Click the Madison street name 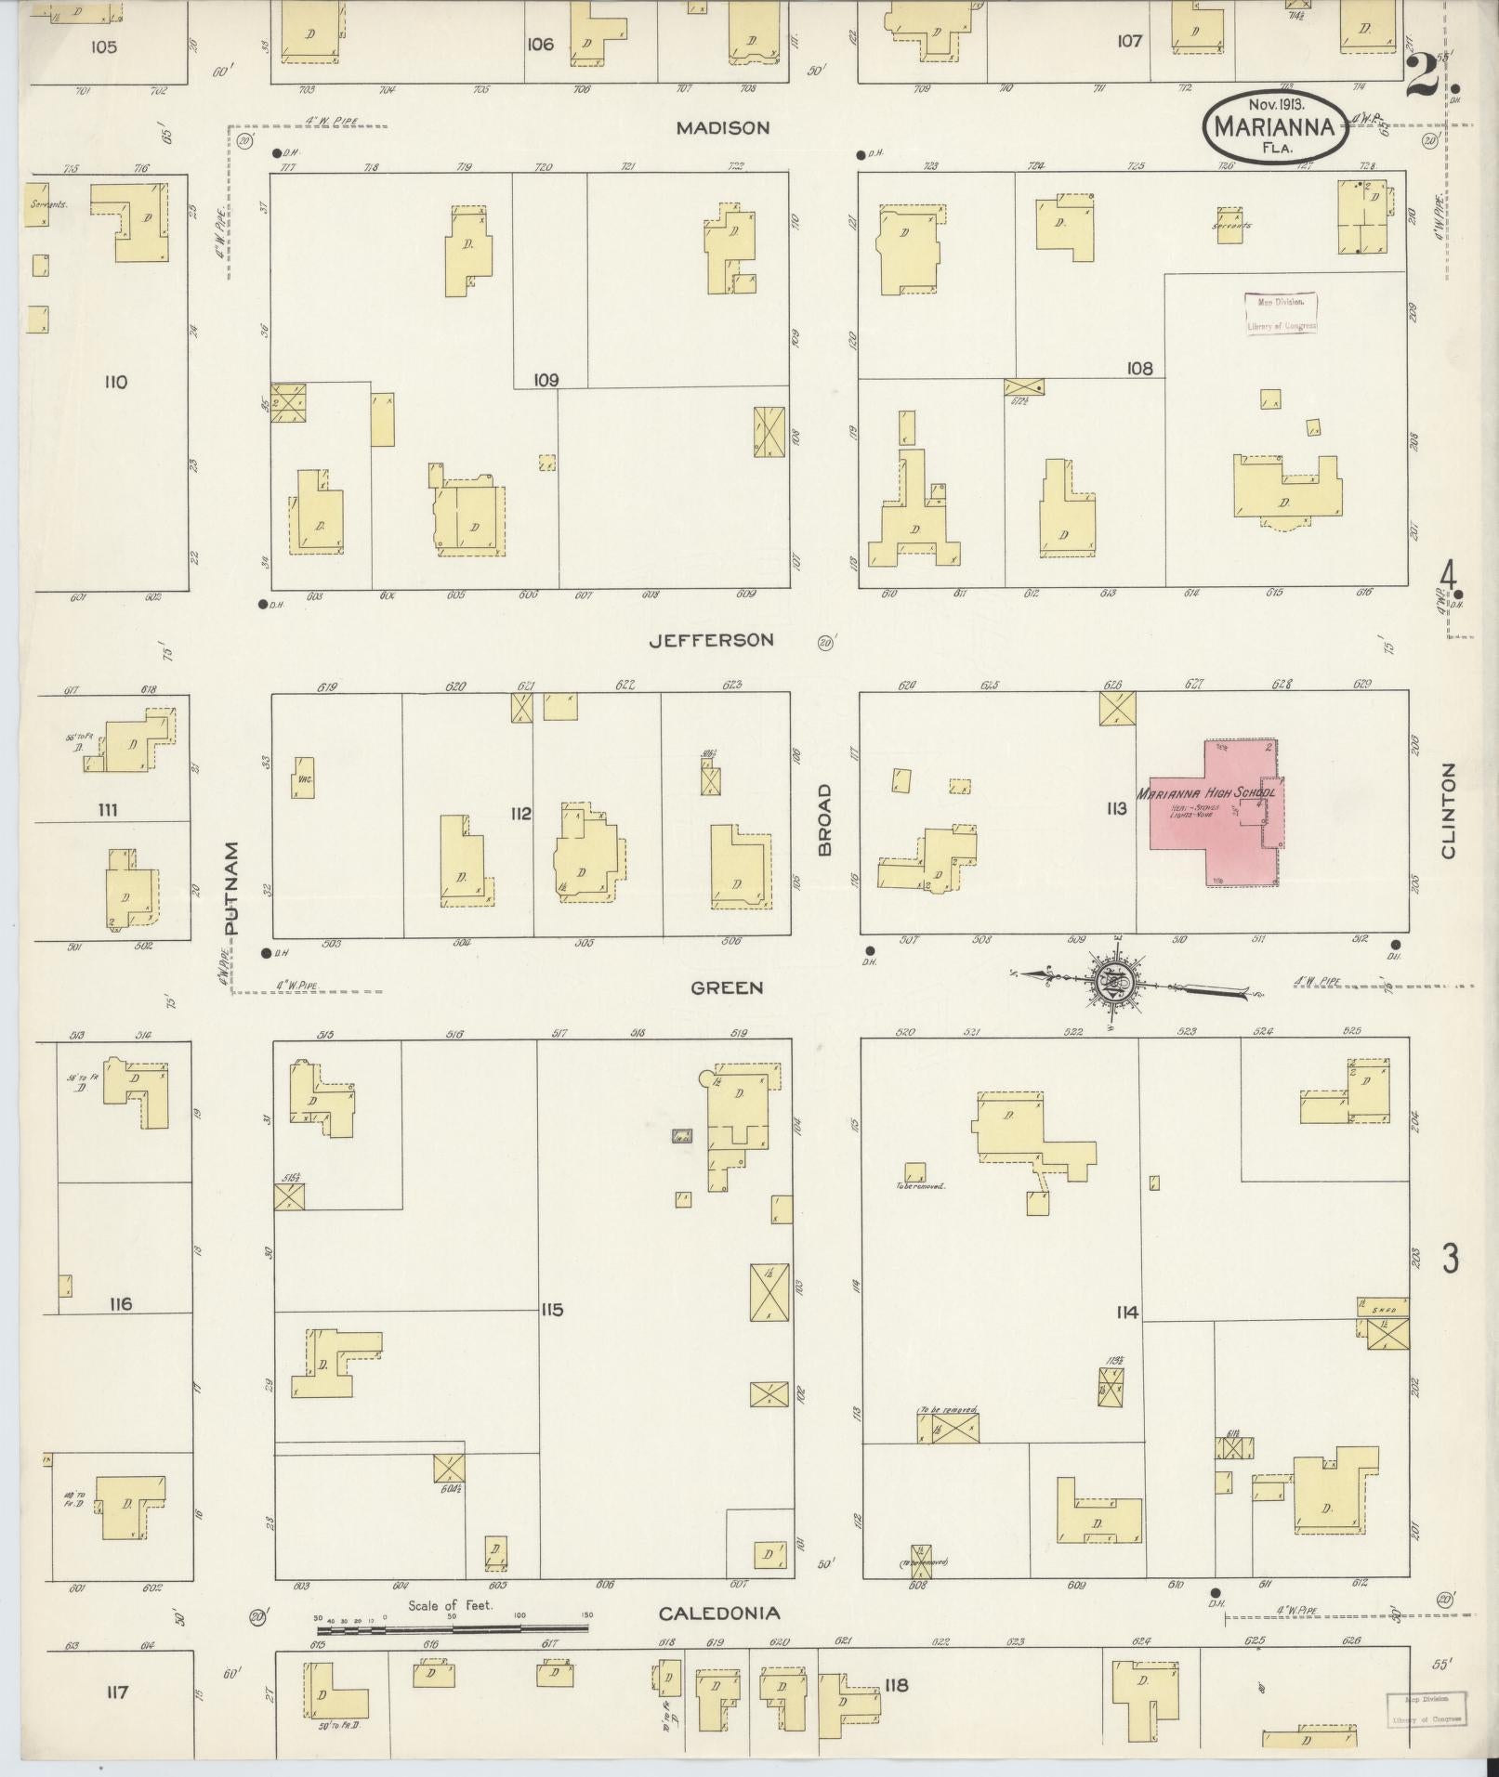click(x=722, y=128)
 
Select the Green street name click(x=727, y=987)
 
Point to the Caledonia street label click(x=719, y=1614)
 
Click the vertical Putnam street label click(x=232, y=887)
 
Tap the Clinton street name click(x=1447, y=810)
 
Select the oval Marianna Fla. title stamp click(x=1275, y=127)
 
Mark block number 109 click(x=546, y=380)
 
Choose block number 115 click(x=552, y=1310)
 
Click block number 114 click(x=1127, y=1313)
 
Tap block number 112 click(x=520, y=814)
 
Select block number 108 click(x=1139, y=369)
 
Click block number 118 click(x=896, y=1685)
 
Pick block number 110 click(x=115, y=382)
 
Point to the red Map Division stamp click(x=1281, y=314)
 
